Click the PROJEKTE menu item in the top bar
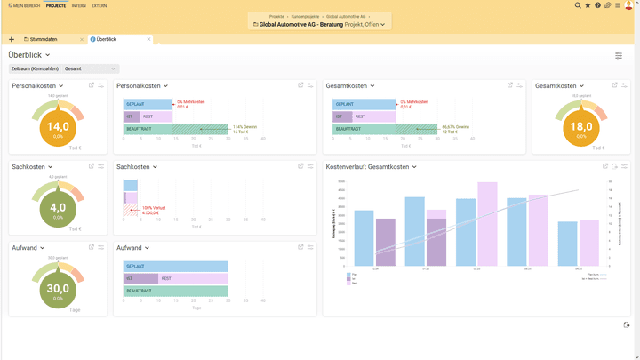[x=56, y=5]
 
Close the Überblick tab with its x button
[x=149, y=39]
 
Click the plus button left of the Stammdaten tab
[x=12, y=39]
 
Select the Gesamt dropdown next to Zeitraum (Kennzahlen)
[x=90, y=68]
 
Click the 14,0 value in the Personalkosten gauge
[x=58, y=127]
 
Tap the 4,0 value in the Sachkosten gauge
[x=58, y=208]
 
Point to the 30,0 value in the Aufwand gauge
[x=58, y=289]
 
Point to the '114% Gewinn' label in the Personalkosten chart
[x=244, y=127]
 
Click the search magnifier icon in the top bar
[x=578, y=5]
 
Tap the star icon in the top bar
[x=588, y=5]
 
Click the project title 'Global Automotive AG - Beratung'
[x=303, y=25]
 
